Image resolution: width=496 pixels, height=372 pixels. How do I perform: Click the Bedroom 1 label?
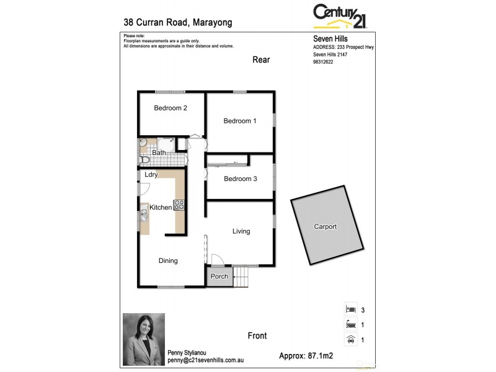[240, 121]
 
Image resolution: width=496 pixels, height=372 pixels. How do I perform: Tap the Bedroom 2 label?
[170, 108]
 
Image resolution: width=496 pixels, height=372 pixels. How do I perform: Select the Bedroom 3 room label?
[240, 179]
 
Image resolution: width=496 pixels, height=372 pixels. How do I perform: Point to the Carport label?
[325, 227]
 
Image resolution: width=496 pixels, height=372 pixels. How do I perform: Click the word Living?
[241, 231]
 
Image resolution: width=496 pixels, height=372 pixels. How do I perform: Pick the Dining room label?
[168, 261]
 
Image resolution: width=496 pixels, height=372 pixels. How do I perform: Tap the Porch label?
[219, 277]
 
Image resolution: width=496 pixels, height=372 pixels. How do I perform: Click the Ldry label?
[151, 175]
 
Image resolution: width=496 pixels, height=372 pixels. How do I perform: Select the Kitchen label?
[161, 207]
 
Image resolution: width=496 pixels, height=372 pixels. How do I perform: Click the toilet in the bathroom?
[144, 160]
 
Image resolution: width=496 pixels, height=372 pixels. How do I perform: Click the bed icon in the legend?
[350, 309]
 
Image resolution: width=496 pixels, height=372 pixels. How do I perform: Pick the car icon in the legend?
[350, 339]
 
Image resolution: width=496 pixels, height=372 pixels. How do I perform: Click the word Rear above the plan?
[261, 60]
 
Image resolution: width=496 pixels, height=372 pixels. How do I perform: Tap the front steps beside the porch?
[242, 277]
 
